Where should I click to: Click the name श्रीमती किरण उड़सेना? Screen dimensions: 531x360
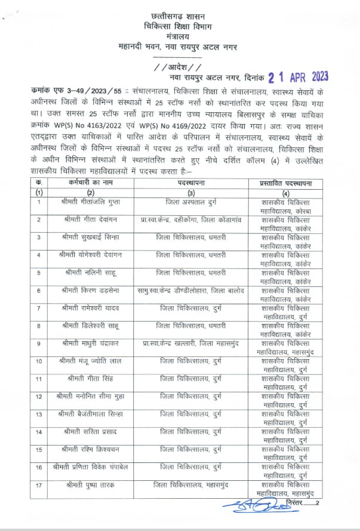point(90,291)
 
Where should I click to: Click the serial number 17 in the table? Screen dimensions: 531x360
point(38,484)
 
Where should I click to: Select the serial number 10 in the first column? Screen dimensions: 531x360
point(38,361)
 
